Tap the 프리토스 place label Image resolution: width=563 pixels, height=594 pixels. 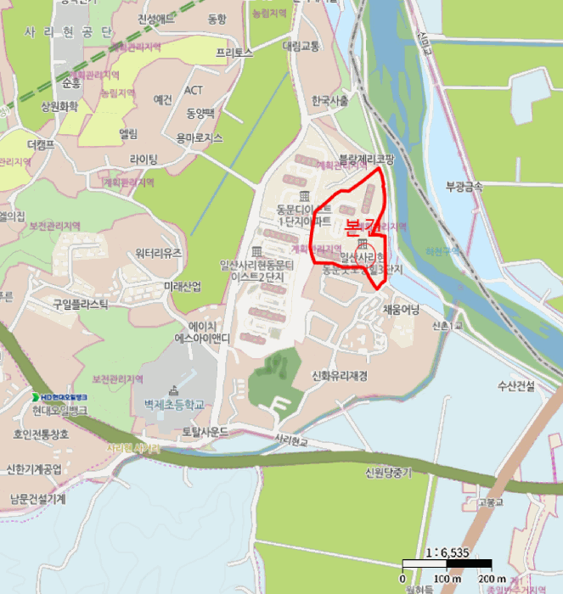point(234,52)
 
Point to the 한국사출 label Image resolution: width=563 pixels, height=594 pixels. point(330,100)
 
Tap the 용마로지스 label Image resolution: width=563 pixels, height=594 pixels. point(199,137)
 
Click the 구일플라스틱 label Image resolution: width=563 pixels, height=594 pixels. point(82,304)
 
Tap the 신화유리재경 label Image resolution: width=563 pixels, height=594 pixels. point(340,376)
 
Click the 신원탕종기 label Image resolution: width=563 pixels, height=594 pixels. point(387,474)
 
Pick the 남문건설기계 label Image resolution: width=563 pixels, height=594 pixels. point(37,498)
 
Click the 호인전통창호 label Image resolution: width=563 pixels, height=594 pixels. point(40,434)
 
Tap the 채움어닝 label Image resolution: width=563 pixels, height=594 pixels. point(402,309)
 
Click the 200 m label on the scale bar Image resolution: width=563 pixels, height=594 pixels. point(492,579)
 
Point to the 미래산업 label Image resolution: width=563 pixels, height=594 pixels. point(183,286)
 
